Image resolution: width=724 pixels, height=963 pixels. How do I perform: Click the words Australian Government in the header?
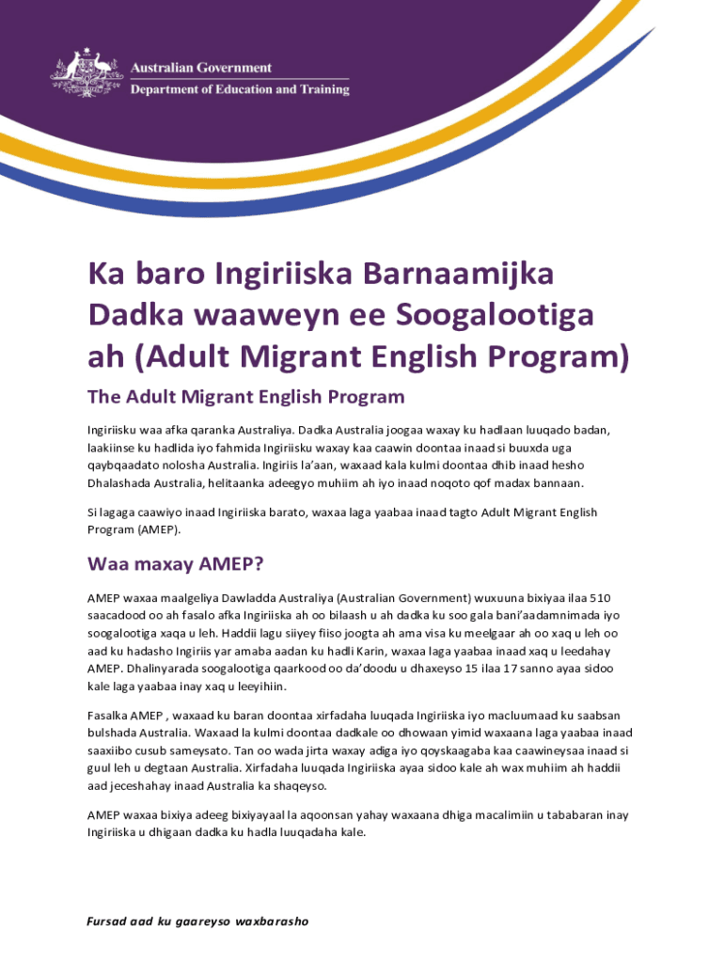pos(200,68)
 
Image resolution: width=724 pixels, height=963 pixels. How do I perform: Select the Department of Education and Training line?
pos(239,90)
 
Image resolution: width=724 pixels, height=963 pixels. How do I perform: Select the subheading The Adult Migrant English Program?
pos(245,397)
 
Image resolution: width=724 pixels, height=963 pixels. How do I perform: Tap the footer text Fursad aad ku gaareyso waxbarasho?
pos(197,921)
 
